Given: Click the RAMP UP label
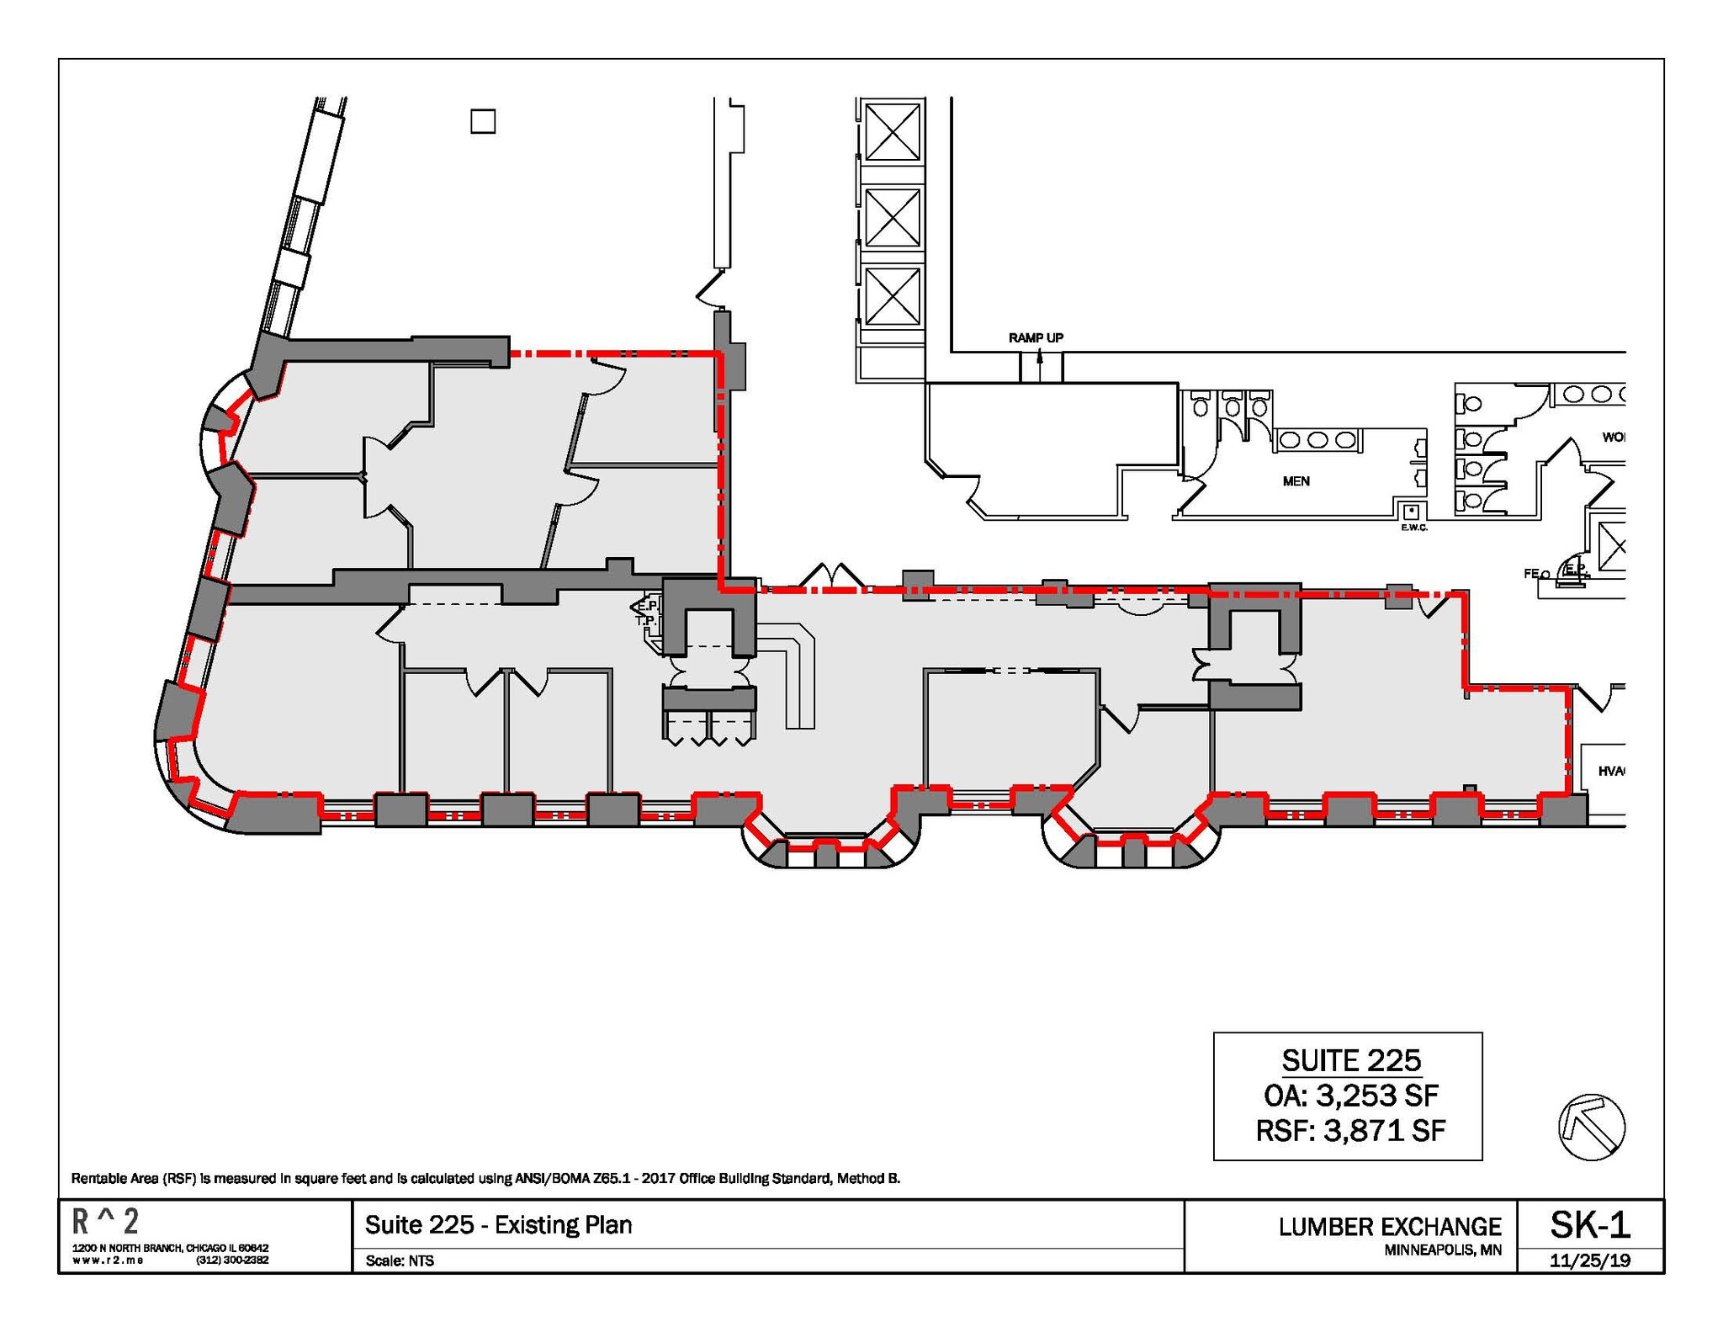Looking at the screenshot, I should coord(1036,337).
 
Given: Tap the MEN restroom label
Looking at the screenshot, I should coord(1296,481).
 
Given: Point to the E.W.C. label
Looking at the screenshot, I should coord(1413,528).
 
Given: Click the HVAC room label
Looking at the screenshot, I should coord(1610,771).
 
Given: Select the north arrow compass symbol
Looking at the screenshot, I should coord(1591,1127).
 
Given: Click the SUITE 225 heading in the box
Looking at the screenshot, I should coord(1351,1060).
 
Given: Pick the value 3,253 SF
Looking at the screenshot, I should coord(1377,1096).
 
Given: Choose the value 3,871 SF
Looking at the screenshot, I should coord(1384,1130).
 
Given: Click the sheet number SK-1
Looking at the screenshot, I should coord(1589,1224).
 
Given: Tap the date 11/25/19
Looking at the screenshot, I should coord(1589,1260).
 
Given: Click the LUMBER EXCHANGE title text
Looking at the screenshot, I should coord(1390,1227).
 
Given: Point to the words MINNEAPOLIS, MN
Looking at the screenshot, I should coord(1442,1250).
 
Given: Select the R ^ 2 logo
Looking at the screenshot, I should coord(105,1221).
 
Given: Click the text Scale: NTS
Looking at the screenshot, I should coord(400,1260).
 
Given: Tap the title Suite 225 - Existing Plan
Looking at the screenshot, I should coord(498,1224).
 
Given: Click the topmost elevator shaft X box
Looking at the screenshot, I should coord(892,131).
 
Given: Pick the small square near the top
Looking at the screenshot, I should coord(483,122).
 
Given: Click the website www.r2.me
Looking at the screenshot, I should coord(108,1260).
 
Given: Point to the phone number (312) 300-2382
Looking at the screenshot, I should coord(232,1260).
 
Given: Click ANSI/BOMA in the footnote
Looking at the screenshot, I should coord(552,1178).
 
